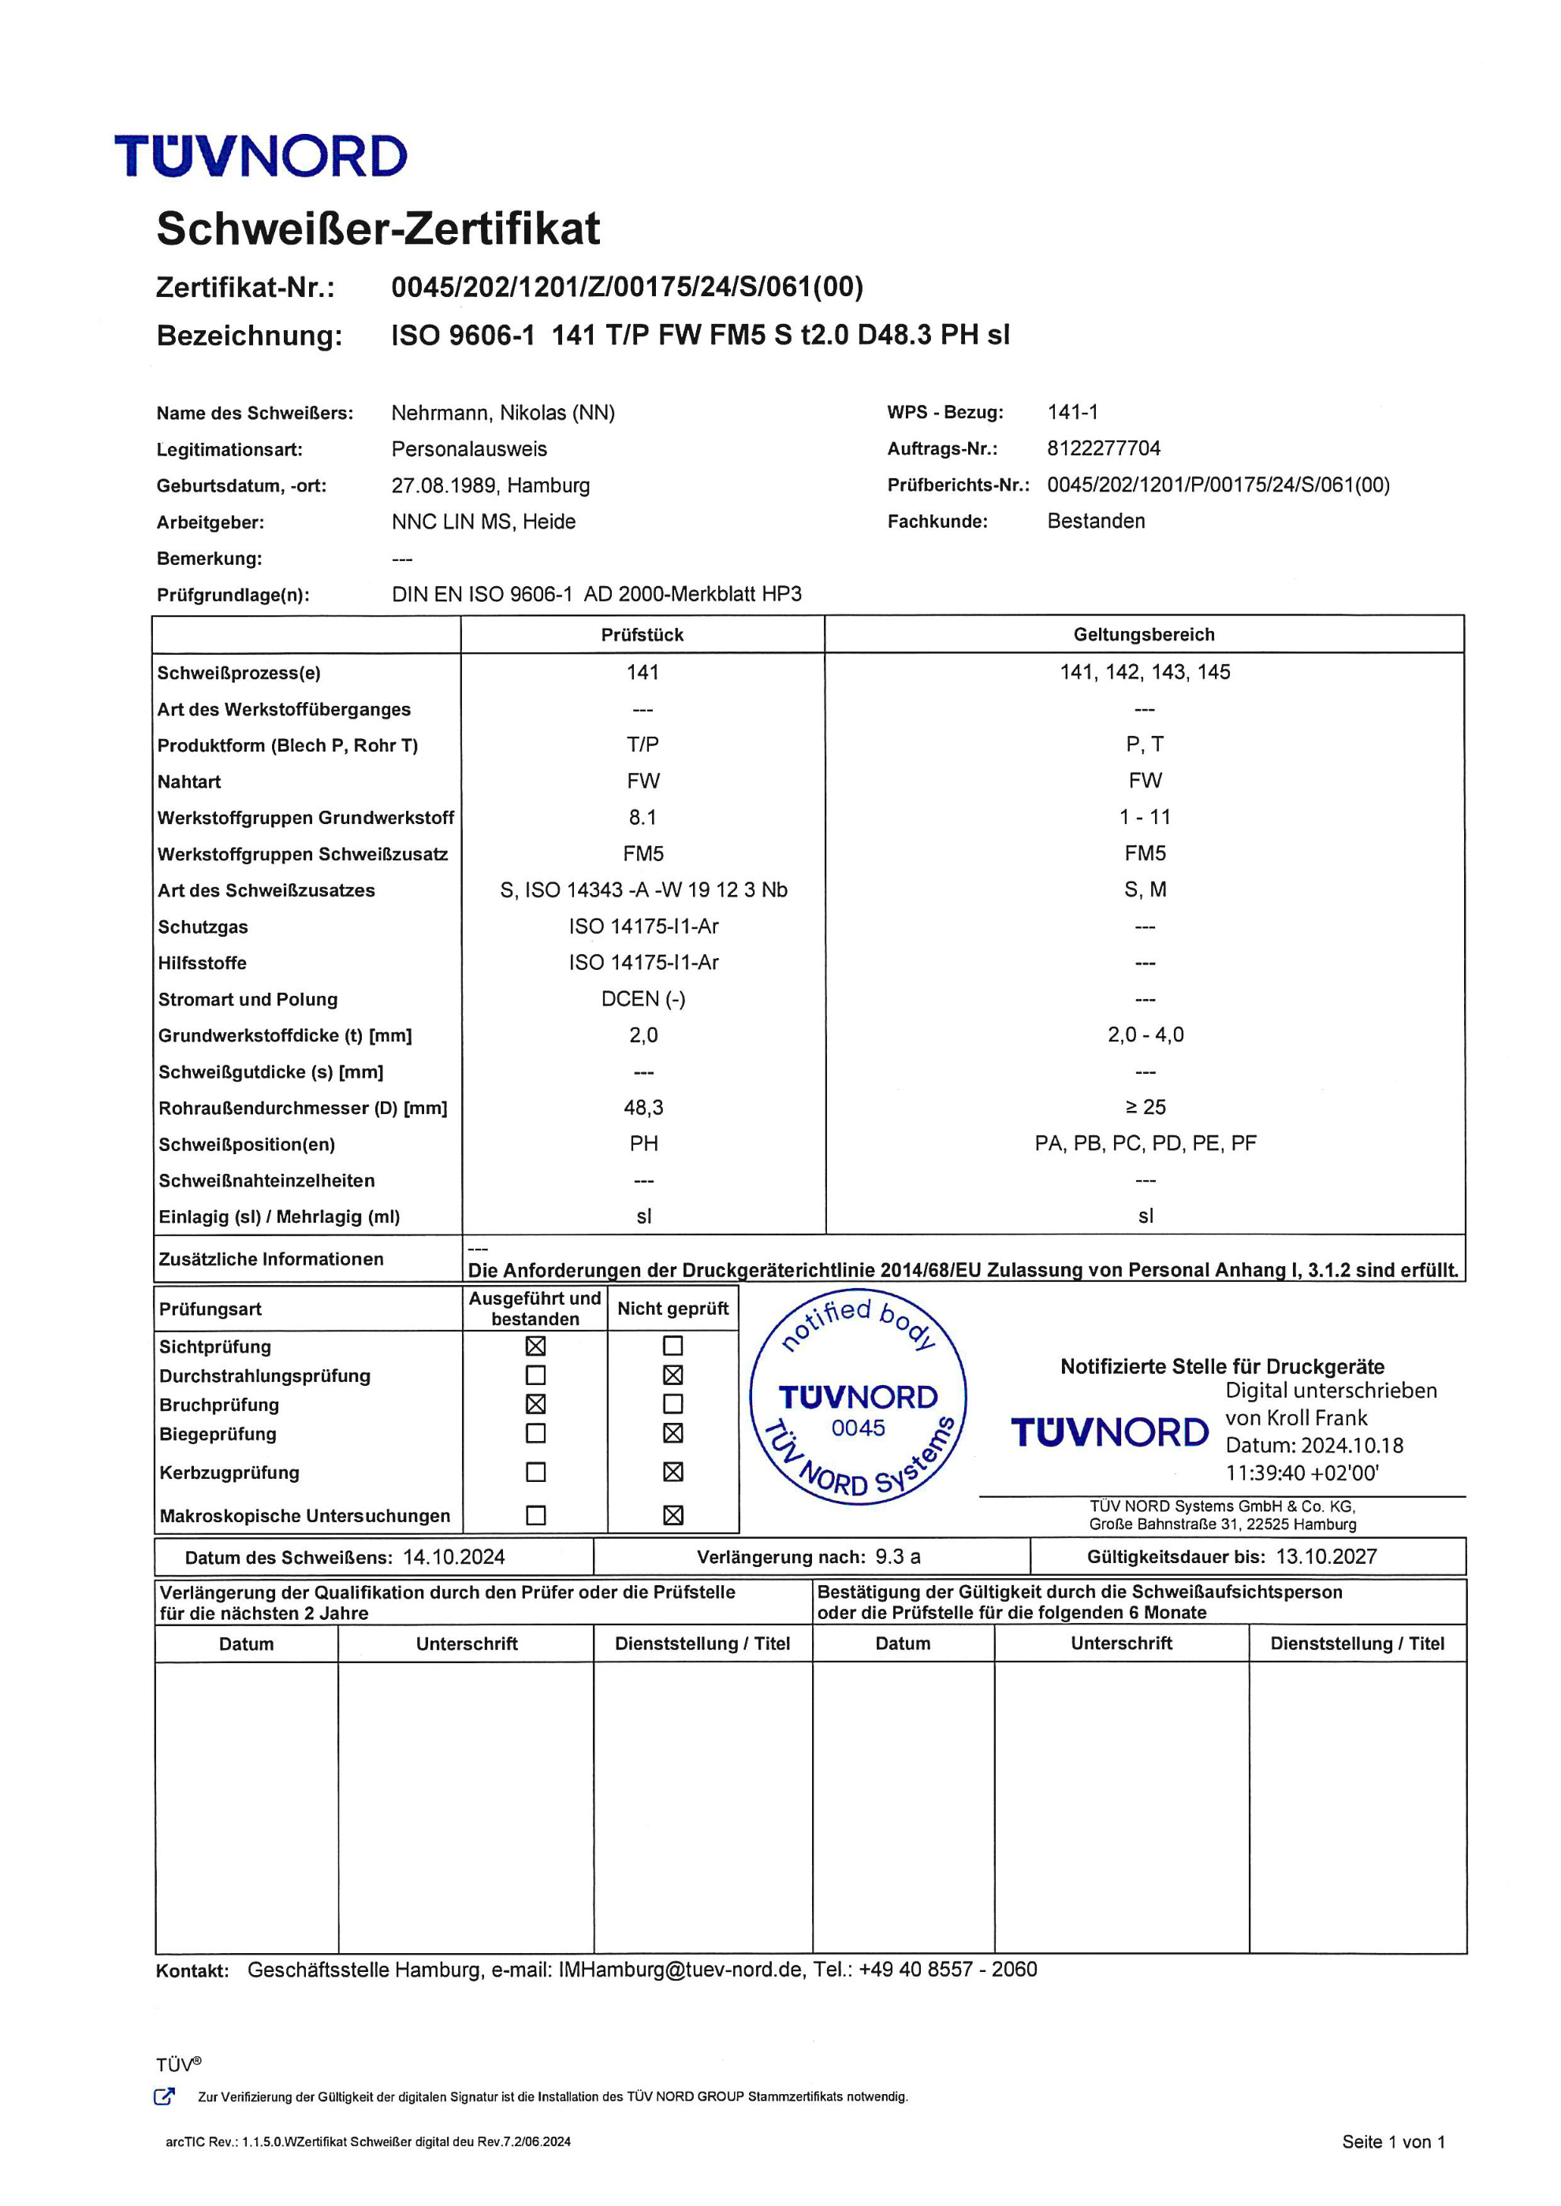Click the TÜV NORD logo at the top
[260, 157]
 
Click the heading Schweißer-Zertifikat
[378, 228]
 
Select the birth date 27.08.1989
[444, 485]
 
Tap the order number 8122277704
[1104, 449]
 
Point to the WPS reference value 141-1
[1073, 412]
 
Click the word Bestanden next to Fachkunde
[1096, 522]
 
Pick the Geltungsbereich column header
[1144, 635]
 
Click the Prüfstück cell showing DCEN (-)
[643, 999]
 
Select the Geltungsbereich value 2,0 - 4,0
[1145, 1034]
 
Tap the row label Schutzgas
[203, 927]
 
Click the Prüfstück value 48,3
[643, 1108]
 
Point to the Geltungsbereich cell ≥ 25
[1145, 1108]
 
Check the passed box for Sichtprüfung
[535, 1346]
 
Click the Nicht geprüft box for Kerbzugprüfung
[672, 1472]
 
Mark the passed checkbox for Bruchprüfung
[535, 1405]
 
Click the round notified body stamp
[858, 1397]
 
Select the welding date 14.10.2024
[453, 1558]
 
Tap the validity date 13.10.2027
[1327, 1558]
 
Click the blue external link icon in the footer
[164, 2096]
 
